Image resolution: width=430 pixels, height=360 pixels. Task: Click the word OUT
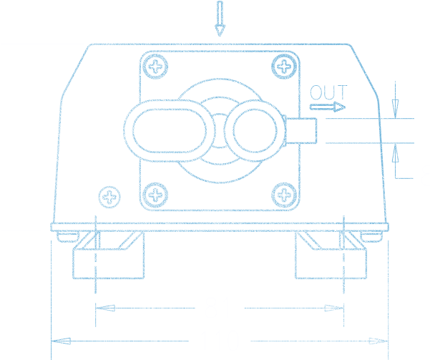click(328, 92)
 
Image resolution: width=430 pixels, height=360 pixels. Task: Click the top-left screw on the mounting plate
click(155, 67)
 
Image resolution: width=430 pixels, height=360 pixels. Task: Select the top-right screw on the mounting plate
click(285, 67)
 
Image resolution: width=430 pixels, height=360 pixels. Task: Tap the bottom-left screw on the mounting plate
click(155, 194)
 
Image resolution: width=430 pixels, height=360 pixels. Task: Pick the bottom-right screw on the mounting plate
click(285, 194)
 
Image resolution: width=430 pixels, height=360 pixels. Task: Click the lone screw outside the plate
click(109, 197)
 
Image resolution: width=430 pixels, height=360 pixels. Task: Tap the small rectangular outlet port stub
click(301, 130)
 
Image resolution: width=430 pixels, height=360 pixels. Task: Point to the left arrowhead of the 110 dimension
click(60, 341)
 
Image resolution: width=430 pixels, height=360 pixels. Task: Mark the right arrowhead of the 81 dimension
click(336, 308)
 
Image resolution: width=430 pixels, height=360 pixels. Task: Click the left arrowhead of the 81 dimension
click(104, 308)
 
